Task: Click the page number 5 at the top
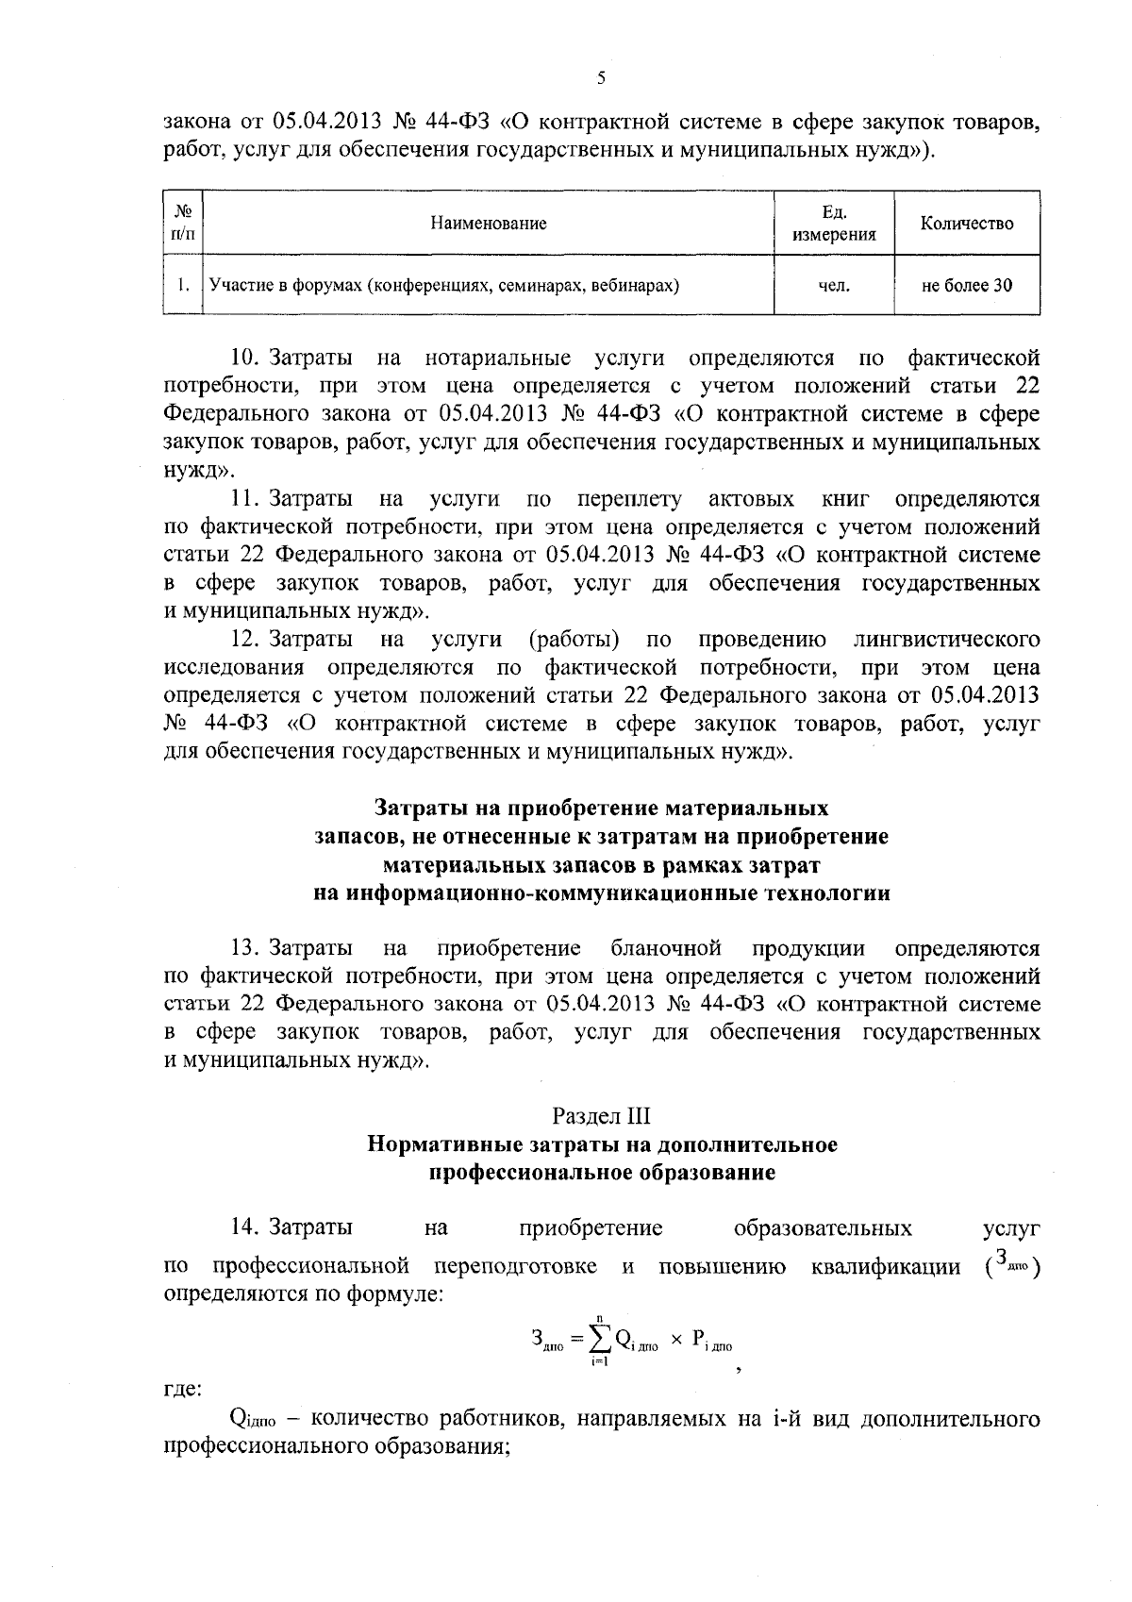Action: point(601,79)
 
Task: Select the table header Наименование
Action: point(488,224)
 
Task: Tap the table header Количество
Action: point(967,224)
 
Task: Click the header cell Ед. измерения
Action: point(834,224)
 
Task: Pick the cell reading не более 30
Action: point(967,284)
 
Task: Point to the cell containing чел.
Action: point(834,284)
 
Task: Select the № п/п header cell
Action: point(184,224)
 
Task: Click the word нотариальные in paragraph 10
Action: point(497,359)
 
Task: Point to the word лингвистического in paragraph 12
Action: point(946,640)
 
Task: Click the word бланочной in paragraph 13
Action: point(666,947)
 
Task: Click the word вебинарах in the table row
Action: point(639,284)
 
